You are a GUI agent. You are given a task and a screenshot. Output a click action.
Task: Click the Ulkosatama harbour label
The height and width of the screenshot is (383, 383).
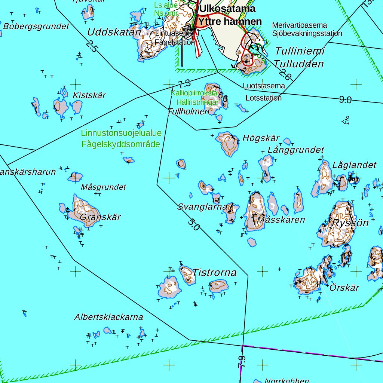click(x=227, y=9)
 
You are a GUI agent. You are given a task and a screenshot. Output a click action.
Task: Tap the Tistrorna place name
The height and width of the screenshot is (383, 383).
click(x=215, y=273)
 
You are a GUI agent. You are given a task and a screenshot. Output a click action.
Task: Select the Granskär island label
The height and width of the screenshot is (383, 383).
click(x=101, y=217)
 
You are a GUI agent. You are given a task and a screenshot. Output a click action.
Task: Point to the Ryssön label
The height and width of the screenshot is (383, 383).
click(x=350, y=223)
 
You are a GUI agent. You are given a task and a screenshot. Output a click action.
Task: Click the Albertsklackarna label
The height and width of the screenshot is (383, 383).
click(x=108, y=317)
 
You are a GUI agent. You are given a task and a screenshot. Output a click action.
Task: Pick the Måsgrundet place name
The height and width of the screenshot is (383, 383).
click(x=104, y=187)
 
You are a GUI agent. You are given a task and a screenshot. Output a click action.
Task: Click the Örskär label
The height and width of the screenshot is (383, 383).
click(x=344, y=288)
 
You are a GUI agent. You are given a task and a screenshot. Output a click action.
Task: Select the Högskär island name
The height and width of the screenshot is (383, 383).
click(x=261, y=138)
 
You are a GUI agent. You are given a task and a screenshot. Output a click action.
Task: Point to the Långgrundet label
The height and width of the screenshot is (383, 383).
click(x=296, y=150)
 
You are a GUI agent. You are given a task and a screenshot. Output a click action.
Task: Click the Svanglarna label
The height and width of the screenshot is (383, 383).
click(x=202, y=207)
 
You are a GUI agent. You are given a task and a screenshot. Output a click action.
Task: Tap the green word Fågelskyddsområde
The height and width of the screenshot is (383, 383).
click(x=121, y=144)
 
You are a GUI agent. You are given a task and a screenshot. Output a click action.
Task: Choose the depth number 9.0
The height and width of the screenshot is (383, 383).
click(x=345, y=100)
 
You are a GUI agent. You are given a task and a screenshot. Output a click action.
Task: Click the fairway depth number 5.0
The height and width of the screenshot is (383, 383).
click(x=194, y=225)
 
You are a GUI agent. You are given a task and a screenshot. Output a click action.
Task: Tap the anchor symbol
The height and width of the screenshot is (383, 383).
click(x=346, y=120)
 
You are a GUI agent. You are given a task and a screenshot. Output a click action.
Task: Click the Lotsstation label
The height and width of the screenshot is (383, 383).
click(x=264, y=98)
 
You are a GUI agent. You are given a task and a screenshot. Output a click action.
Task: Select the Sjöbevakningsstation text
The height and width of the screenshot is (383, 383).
click(x=307, y=33)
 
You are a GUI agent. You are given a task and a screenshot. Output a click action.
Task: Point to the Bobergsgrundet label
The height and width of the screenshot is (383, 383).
click(x=36, y=27)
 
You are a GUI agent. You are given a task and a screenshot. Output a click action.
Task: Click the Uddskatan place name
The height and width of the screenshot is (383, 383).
click(x=114, y=32)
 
